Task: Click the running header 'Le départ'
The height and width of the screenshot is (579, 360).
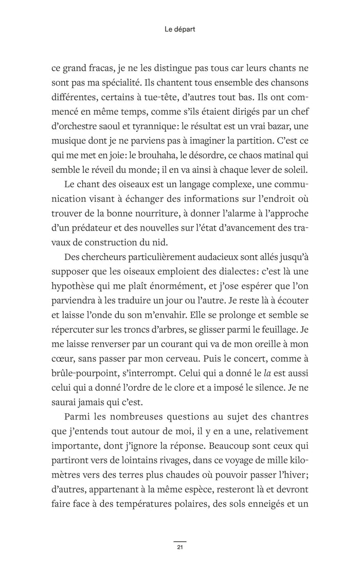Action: click(180, 30)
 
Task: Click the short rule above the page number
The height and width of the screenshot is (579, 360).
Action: click(180, 541)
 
